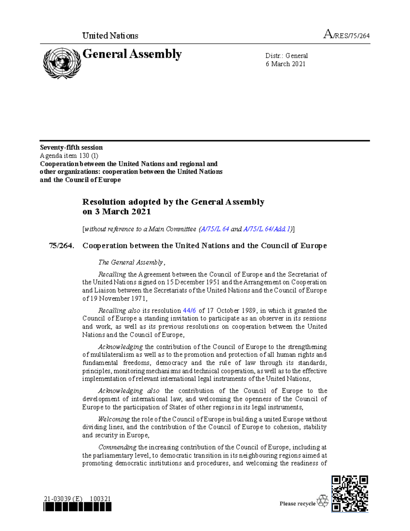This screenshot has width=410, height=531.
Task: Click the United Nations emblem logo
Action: pos(62,63)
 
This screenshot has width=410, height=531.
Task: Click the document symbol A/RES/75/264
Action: pos(346,35)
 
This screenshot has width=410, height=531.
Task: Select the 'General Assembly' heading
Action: pos(132,54)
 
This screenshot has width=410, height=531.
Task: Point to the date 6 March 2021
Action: pos(285,64)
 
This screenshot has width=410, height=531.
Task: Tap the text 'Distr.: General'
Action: pos(286,56)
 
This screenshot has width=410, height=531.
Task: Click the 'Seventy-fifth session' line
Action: pos(71,147)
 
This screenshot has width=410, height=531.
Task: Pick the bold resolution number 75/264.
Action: pos(61,246)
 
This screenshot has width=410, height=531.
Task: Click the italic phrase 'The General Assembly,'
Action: pos(132,262)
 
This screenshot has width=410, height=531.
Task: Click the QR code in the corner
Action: pos(350,494)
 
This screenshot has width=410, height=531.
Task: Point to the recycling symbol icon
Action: pos(323,501)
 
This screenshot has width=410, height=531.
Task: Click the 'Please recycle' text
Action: pos(297,504)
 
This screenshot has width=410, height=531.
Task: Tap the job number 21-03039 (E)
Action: pos(63,499)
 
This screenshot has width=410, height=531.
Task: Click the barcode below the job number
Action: pos(78,507)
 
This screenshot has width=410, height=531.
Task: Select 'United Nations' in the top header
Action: pos(110,36)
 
